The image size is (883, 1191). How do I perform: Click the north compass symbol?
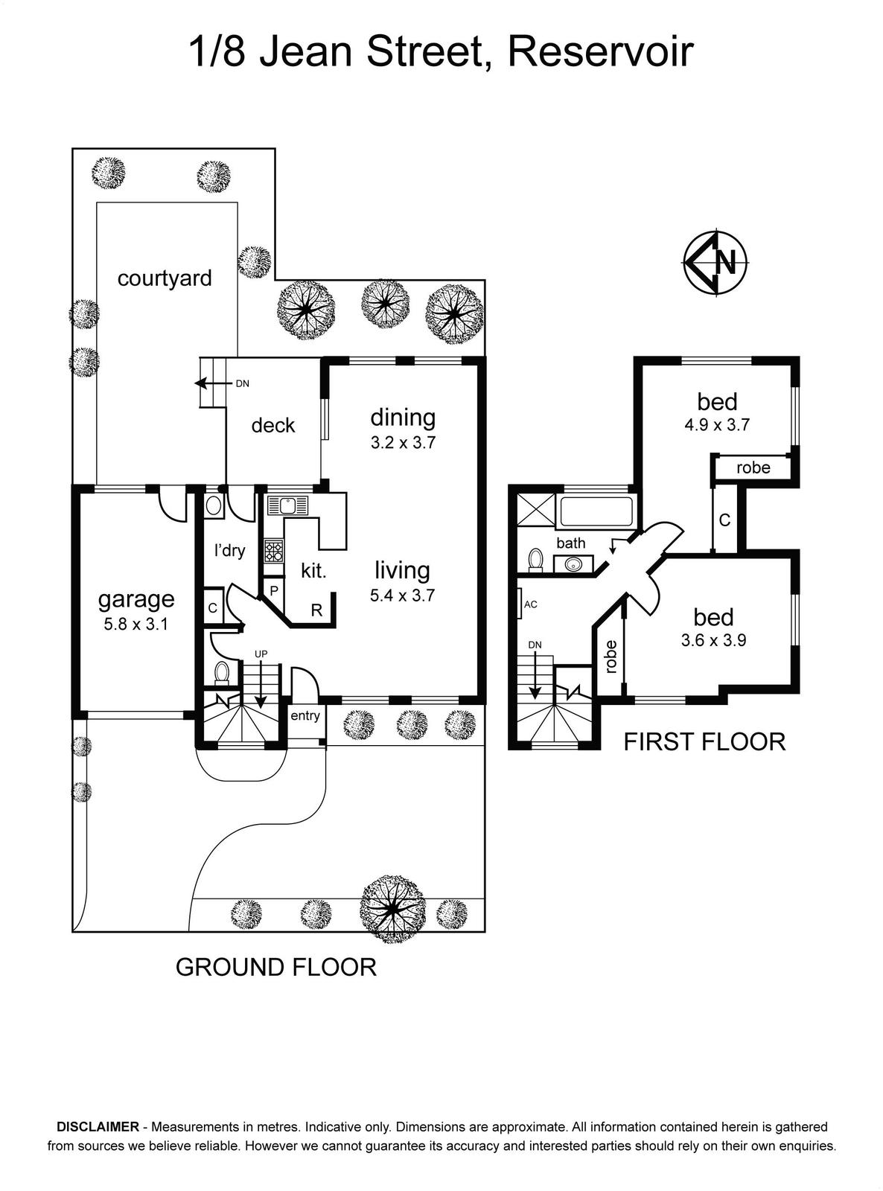click(x=715, y=263)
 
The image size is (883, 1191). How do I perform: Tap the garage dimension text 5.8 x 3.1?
click(x=136, y=624)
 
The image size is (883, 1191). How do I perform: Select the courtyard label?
click(x=165, y=278)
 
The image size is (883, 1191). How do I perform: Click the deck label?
click(x=273, y=425)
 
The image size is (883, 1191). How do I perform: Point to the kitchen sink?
click(x=289, y=505)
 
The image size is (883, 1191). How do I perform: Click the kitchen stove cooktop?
click(x=272, y=551)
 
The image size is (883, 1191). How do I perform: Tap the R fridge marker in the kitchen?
click(x=317, y=610)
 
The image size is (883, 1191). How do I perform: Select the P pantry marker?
click(x=274, y=591)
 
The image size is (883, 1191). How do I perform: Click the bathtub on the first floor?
click(x=596, y=511)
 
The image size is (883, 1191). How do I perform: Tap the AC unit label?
click(x=531, y=604)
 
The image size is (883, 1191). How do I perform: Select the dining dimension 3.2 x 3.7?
click(x=403, y=442)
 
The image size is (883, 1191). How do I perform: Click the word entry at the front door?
click(x=305, y=716)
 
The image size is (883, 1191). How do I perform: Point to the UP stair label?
click(x=261, y=654)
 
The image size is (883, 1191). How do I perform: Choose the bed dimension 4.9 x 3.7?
click(x=717, y=425)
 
